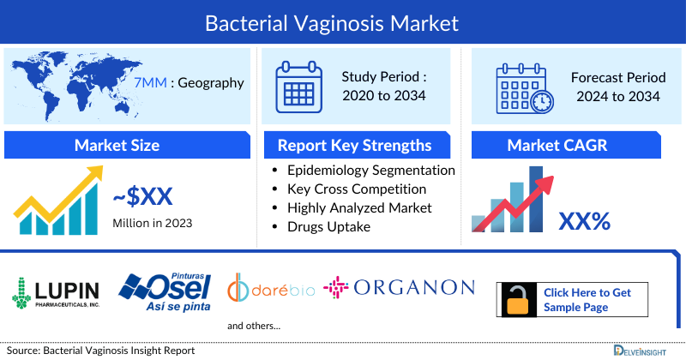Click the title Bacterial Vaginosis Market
tap(343, 21)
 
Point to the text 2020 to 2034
tap(385, 95)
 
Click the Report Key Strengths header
tap(354, 145)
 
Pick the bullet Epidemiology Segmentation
tap(370, 171)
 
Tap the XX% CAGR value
tap(584, 221)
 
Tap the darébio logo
tap(271, 290)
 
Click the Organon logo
tap(399, 287)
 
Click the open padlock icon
tap(519, 299)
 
